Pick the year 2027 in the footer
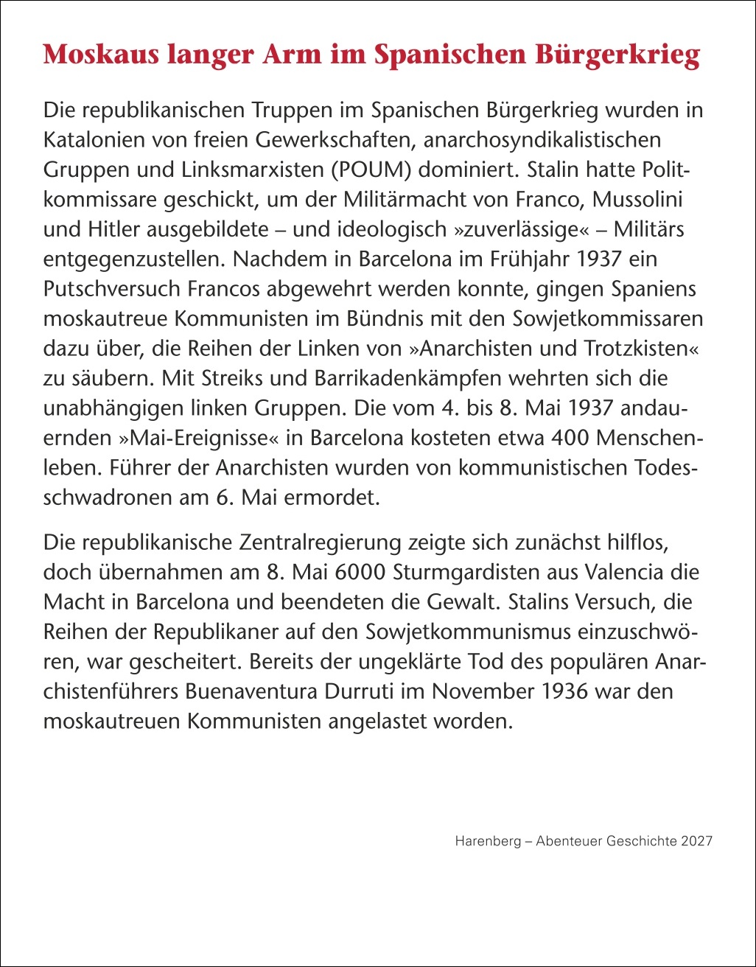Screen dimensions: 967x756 [x=697, y=841]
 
